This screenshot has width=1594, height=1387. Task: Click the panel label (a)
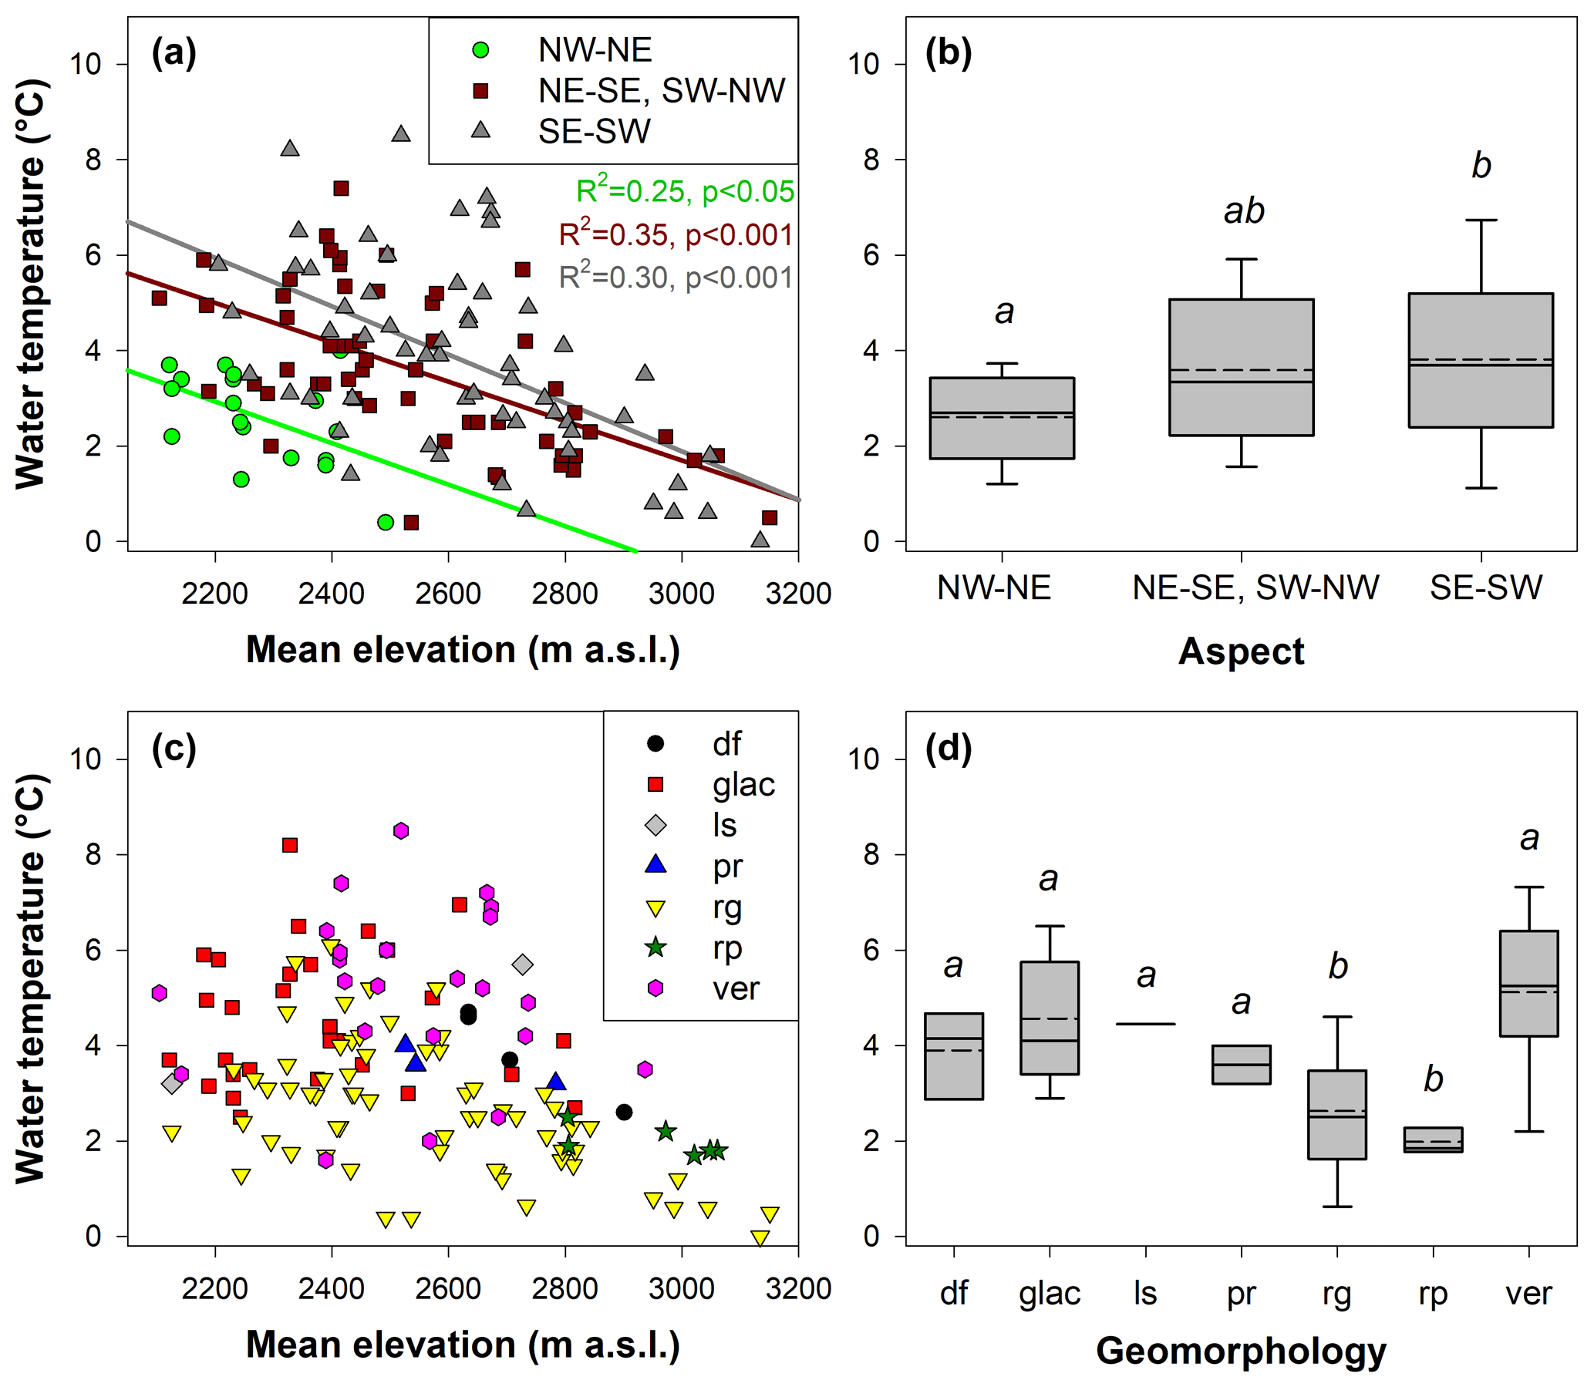click(174, 54)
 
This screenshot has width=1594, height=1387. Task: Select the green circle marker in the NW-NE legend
click(480, 50)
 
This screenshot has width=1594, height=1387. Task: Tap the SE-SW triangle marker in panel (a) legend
click(480, 131)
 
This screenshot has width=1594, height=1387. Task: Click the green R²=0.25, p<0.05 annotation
click(684, 191)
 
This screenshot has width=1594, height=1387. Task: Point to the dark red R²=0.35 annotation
click(676, 234)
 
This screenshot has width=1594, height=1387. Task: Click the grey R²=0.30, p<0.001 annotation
click(676, 277)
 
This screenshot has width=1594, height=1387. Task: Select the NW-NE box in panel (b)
click(1002, 418)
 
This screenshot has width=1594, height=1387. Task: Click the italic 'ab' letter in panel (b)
click(1243, 210)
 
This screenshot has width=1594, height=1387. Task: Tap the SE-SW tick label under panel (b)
click(1485, 588)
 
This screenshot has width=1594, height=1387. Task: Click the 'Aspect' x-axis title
click(1241, 651)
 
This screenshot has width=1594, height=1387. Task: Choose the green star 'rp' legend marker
click(655, 947)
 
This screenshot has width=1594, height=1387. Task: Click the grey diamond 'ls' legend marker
click(655, 825)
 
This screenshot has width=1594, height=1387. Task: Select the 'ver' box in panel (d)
click(1528, 983)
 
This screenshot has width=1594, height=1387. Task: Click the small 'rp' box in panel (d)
click(1433, 1140)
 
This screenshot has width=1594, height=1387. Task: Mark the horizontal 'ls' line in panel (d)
click(1146, 1024)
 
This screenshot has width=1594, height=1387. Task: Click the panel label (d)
click(949, 749)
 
